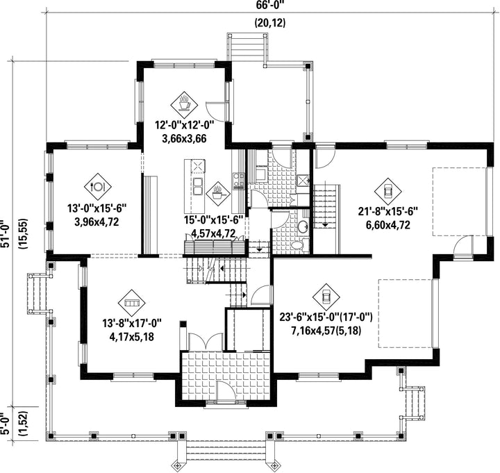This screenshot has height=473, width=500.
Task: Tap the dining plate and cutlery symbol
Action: coord(98,187)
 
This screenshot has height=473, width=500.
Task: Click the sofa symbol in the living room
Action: coord(131,303)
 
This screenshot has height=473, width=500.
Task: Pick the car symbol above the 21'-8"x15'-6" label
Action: coord(387,192)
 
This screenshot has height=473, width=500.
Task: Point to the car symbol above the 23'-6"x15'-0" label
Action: coord(326,297)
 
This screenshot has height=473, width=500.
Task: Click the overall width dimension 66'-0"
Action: coord(269,5)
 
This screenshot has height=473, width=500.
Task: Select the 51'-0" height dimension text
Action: coord(4,234)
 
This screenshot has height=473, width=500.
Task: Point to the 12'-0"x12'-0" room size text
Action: coord(184,125)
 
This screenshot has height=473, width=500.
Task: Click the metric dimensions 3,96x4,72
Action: coord(97,222)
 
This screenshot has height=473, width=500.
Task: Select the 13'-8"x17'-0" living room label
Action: coord(132,324)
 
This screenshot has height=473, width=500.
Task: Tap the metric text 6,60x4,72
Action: coord(387,225)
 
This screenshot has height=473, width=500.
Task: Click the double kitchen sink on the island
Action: coord(198,186)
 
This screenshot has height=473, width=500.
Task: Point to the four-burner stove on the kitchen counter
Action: coord(238,181)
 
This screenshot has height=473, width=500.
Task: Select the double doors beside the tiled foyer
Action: coord(206,342)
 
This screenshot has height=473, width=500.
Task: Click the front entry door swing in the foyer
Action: coord(226,390)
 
